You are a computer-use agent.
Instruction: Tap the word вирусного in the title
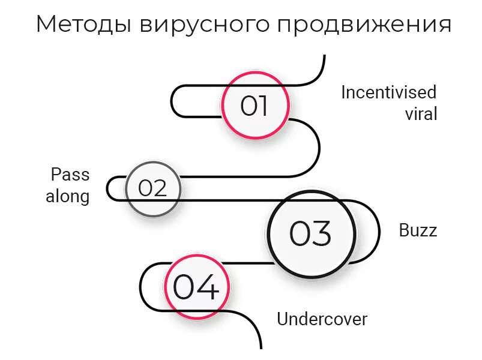[x=201, y=25]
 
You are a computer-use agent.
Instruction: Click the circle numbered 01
[x=255, y=106]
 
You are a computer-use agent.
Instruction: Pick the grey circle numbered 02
[x=152, y=188]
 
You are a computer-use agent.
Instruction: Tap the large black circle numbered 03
[x=310, y=233]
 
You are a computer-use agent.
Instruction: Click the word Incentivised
[x=388, y=92]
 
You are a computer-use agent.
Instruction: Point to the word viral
[x=421, y=113]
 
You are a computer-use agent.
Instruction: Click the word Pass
[x=70, y=175]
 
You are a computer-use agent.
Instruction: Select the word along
[x=67, y=196]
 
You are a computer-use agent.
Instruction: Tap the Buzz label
[x=418, y=230]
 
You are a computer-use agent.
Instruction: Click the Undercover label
[x=322, y=319]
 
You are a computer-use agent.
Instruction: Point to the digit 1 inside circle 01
[x=262, y=106]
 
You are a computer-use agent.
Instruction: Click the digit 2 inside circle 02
[x=160, y=188]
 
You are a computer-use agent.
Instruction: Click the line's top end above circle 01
[x=324, y=56]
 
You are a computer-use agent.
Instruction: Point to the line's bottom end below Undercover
[x=261, y=347]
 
